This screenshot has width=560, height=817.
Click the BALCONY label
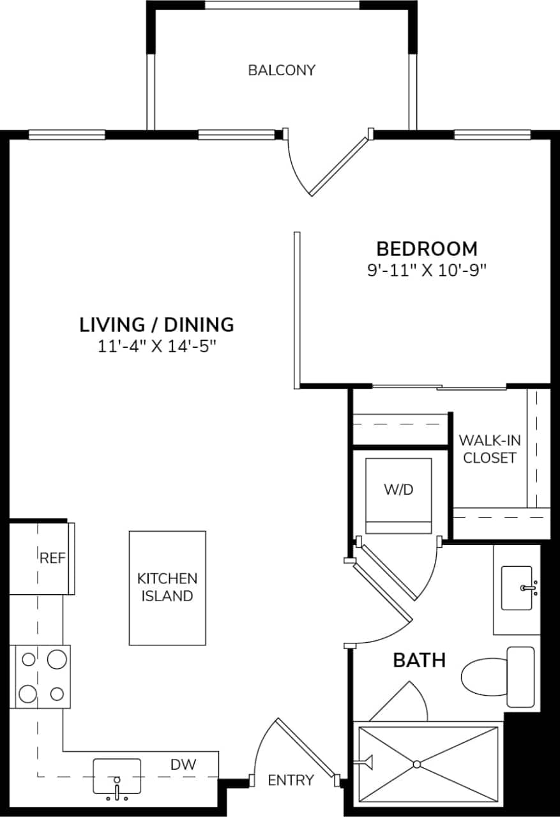pos(282,70)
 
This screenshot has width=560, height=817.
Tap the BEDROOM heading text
pos(427,248)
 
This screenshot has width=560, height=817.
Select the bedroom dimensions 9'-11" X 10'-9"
pos(427,270)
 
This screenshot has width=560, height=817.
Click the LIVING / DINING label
pos(156,325)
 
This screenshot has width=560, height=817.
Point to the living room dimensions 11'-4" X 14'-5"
pos(156,347)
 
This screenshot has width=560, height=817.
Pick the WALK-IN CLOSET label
pos(489,449)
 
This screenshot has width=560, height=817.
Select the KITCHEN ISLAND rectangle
pos(167,587)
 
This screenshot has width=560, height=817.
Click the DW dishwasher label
pos(183,764)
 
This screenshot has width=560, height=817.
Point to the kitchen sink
pos(117,776)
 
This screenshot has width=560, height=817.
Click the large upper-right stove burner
pos(57,658)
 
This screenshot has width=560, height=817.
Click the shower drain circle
pos(417,764)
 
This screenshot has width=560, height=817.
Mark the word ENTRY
pos(291,780)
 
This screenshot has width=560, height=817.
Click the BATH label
pos(419,660)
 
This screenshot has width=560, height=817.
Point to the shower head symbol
pos(367,760)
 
